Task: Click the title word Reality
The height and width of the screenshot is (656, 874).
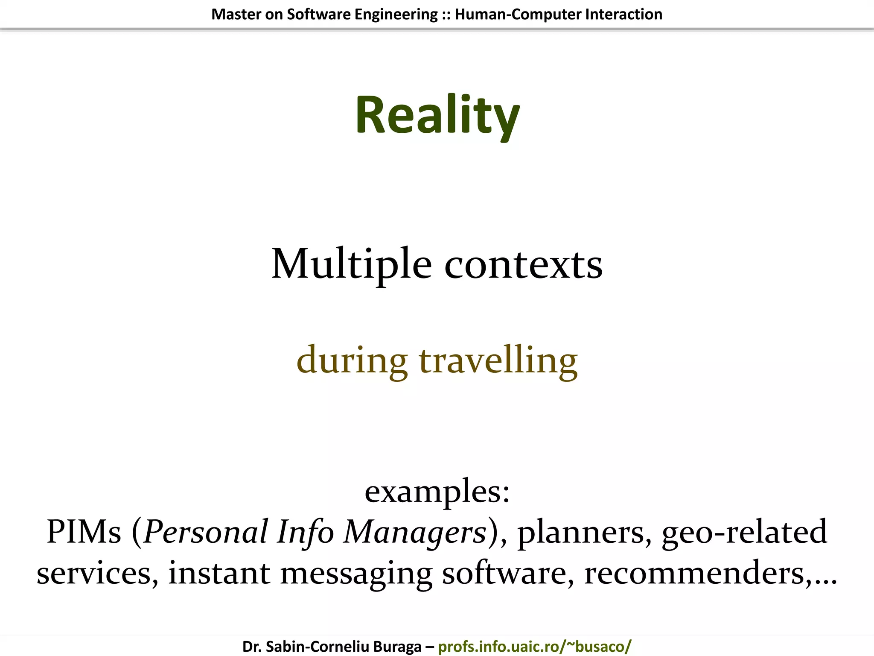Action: [x=437, y=115]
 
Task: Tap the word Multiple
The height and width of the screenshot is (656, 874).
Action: [x=351, y=264]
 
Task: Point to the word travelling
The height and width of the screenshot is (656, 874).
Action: [x=498, y=360]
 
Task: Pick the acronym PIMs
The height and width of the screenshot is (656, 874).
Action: [x=84, y=532]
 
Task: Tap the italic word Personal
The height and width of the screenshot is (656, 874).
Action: [x=206, y=532]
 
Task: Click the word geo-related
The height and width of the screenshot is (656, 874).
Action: [x=744, y=532]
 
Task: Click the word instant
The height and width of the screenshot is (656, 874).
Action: [x=219, y=572]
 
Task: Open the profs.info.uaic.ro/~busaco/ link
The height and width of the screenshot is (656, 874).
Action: [x=534, y=647]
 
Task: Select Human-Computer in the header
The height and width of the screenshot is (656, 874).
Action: [x=518, y=15]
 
